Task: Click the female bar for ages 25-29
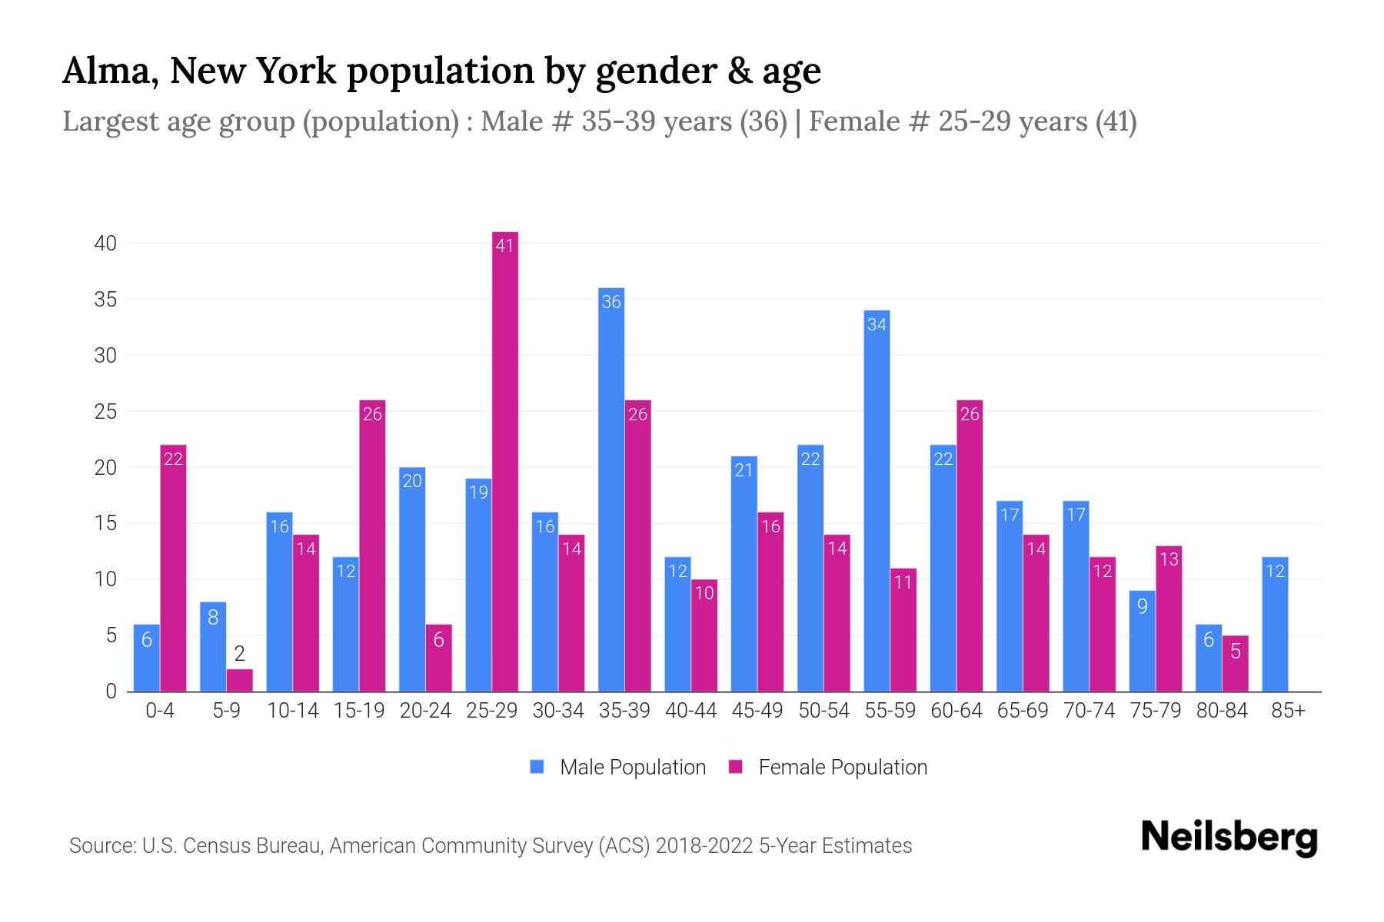point(505,461)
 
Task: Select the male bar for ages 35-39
point(611,492)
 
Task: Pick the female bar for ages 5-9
point(239,681)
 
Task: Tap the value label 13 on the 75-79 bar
point(1169,559)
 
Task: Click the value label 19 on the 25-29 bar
point(478,492)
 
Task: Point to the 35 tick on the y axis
point(105,300)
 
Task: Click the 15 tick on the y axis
point(105,524)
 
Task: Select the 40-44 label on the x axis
point(690,711)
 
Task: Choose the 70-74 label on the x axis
point(1089,711)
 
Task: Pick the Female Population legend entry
point(828,768)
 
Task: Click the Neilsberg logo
point(1229,837)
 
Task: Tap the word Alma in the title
point(110,71)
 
